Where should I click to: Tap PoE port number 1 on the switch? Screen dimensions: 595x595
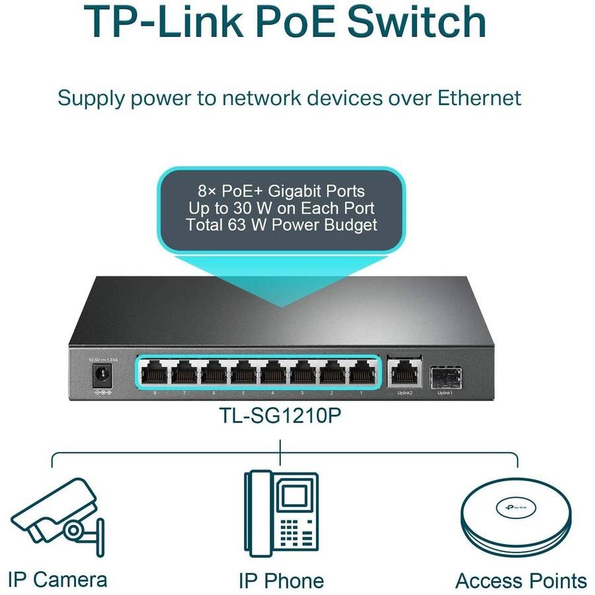pyautogui.click(x=362, y=374)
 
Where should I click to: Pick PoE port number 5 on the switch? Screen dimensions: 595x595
pyautogui.click(x=243, y=374)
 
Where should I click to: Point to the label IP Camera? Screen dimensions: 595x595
pyautogui.click(x=58, y=580)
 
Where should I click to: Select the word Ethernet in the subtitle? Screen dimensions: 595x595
pyautogui.click(x=479, y=98)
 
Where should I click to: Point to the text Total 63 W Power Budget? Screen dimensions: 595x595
pyautogui.click(x=281, y=225)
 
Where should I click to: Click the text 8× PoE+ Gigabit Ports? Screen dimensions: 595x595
pyautogui.click(x=281, y=191)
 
